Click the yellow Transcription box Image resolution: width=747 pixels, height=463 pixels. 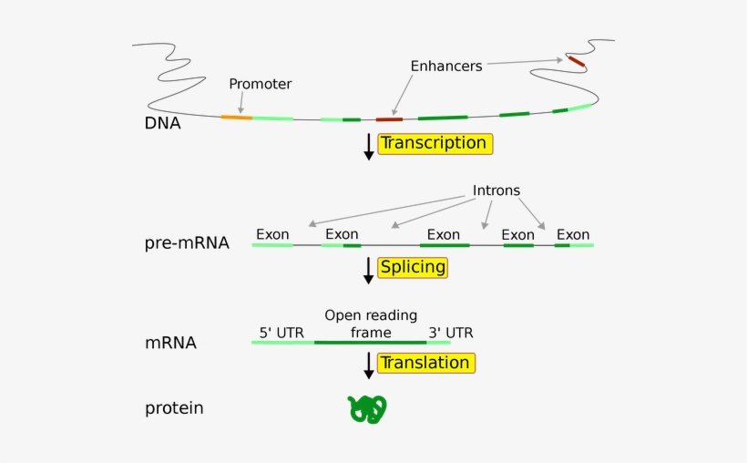(435, 143)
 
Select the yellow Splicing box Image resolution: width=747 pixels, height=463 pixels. (413, 267)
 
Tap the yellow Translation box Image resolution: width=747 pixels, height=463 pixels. (425, 363)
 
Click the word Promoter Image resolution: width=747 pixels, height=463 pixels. (261, 84)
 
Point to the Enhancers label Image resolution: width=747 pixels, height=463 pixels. (446, 66)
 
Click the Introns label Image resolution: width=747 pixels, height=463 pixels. (496, 190)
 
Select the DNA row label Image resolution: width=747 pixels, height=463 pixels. (162, 123)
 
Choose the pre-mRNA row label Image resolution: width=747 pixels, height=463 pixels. (187, 243)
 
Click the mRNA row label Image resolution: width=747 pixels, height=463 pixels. (170, 344)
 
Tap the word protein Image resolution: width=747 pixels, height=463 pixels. (174, 408)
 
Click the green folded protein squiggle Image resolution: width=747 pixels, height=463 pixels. (368, 409)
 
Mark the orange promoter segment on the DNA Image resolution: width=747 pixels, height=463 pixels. (237, 117)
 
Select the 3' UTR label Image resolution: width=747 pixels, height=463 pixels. (451, 333)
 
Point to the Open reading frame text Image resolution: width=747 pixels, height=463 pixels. (371, 324)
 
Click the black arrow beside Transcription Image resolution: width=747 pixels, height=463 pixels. (369, 147)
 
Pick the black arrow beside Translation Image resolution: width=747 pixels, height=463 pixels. (369, 365)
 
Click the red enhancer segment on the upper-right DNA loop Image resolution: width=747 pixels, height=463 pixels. (576, 61)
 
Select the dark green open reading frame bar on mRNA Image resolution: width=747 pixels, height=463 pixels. (370, 343)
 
